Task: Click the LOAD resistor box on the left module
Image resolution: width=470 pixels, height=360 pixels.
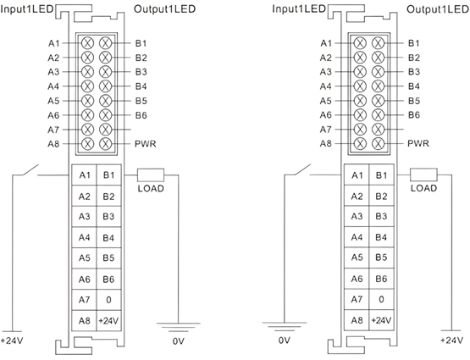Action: [151, 174]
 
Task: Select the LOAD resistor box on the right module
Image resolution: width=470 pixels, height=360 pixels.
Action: [423, 174]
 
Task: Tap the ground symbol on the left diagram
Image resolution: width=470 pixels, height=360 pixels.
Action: [179, 327]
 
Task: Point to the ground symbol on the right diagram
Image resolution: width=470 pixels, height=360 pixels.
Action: [285, 327]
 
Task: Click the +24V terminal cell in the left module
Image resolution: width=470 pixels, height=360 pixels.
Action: [108, 321]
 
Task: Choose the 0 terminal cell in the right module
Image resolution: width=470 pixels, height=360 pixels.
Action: [381, 299]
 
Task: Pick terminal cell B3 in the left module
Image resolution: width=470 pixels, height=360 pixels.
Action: [108, 216]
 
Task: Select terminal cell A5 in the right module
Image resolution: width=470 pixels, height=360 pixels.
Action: [357, 258]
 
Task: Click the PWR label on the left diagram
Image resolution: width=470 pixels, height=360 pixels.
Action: [146, 144]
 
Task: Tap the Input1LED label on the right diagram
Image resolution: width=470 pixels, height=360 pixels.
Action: [299, 8]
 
